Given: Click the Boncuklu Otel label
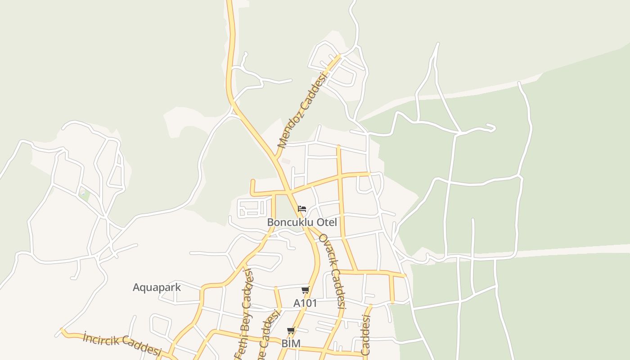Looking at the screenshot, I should [x=301, y=222].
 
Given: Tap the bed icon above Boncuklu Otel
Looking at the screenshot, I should [x=302, y=209].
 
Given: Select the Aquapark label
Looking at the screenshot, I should [x=157, y=287].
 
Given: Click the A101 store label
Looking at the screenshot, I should [x=305, y=303].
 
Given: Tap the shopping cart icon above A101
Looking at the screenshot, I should [x=305, y=290].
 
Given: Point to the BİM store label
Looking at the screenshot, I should [x=291, y=344].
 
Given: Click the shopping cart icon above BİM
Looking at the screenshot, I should [x=291, y=331].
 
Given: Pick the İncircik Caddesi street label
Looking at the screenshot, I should [x=122, y=343].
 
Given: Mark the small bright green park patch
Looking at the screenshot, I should [x=84, y=195].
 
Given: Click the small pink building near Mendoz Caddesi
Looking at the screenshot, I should [x=286, y=161].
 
